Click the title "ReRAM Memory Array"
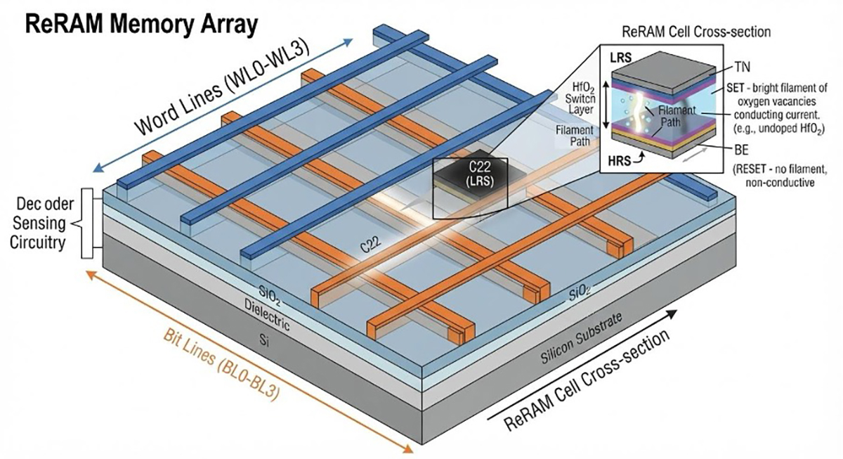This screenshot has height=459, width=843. pyautogui.click(x=141, y=24)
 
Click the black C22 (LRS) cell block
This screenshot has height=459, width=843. pyautogui.click(x=471, y=177)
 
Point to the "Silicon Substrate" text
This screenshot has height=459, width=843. pyautogui.click(x=581, y=338)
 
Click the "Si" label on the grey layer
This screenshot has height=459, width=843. pyautogui.click(x=265, y=340)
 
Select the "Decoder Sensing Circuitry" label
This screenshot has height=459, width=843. pyautogui.click(x=42, y=224)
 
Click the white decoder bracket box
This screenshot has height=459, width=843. pyautogui.click(x=87, y=224)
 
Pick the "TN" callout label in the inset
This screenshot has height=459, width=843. pyautogui.click(x=742, y=67)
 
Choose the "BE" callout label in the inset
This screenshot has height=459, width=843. pyautogui.click(x=741, y=150)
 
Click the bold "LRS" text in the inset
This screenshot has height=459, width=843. pyautogui.click(x=621, y=58)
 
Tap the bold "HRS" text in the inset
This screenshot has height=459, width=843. pyautogui.click(x=620, y=161)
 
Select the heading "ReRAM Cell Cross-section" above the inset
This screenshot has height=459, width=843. pyautogui.click(x=696, y=32)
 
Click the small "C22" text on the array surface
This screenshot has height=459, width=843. pyautogui.click(x=371, y=244)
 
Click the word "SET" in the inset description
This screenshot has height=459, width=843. pyautogui.click(x=736, y=88)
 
